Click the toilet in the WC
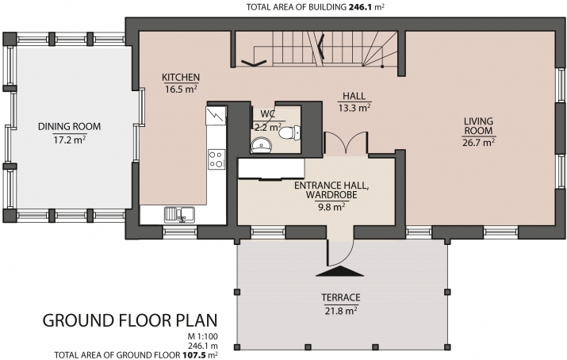[x=289, y=132]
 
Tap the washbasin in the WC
[x=262, y=144]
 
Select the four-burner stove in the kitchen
[x=216, y=159]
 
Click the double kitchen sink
[x=179, y=214]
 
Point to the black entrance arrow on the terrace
[x=339, y=271]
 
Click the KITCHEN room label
[x=181, y=77]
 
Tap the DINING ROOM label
[x=70, y=127]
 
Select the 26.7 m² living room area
[x=478, y=143]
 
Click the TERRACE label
[x=341, y=297]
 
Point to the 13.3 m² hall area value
[x=354, y=108]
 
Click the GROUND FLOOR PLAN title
[x=130, y=320]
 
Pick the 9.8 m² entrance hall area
[x=331, y=207]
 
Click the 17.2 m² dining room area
[x=70, y=140]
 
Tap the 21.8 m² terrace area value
[x=341, y=311]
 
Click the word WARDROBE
[x=331, y=195]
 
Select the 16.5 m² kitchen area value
[x=181, y=89]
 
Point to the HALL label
[x=354, y=96]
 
